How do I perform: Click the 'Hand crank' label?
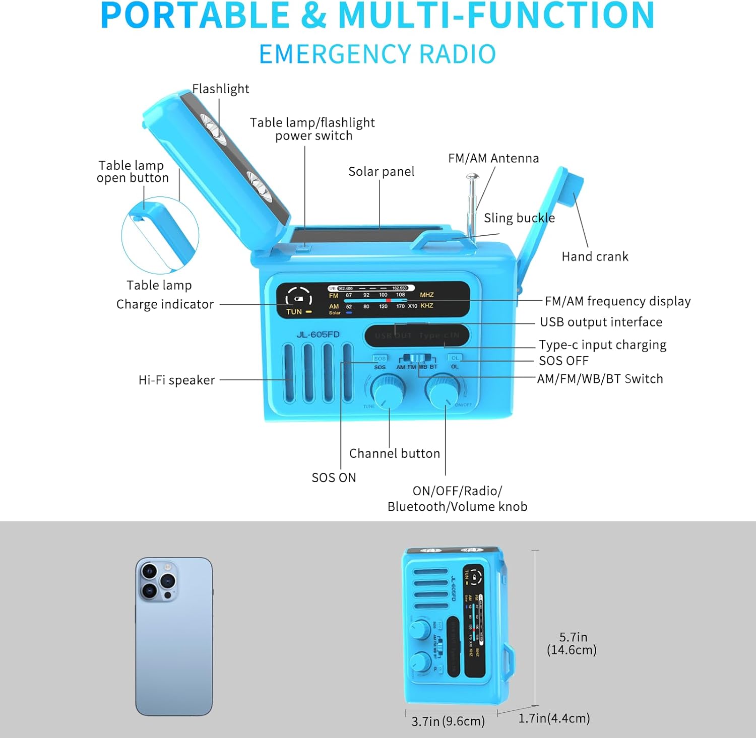coord(595,256)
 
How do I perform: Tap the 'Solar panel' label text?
coord(381,172)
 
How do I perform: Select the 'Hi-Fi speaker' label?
coord(176,380)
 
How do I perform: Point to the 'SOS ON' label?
coord(334,478)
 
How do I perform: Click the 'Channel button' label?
coord(394,453)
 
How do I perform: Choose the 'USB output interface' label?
coord(601,322)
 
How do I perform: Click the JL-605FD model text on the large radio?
coord(318,334)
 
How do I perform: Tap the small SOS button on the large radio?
coord(380,359)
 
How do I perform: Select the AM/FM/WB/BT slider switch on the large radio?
coord(417,358)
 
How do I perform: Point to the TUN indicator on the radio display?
coord(294,312)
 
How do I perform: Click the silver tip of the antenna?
coord(472,177)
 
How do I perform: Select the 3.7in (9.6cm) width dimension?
coord(448,721)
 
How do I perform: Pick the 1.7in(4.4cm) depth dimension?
coord(554,718)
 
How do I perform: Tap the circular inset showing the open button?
coord(160,236)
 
